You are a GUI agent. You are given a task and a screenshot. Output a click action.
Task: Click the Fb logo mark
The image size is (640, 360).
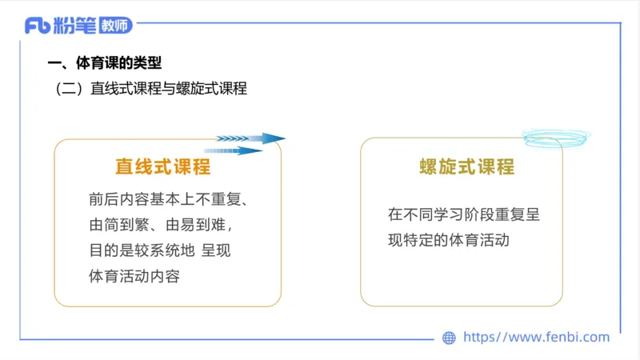(x=37, y=26)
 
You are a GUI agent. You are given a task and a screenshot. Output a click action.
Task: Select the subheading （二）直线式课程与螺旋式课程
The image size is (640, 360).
(x=151, y=89)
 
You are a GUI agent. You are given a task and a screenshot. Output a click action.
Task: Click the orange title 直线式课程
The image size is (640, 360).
(x=163, y=167)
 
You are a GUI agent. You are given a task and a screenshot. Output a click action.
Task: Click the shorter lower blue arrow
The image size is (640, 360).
(x=233, y=150)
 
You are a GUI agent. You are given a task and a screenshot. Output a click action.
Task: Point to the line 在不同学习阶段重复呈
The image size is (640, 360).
(x=465, y=215)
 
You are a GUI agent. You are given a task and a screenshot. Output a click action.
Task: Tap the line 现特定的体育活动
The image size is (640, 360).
(x=449, y=240)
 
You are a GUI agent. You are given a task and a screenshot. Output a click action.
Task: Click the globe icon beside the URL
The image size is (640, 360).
(x=449, y=338)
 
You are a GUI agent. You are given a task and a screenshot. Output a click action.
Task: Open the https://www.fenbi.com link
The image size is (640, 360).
(x=536, y=338)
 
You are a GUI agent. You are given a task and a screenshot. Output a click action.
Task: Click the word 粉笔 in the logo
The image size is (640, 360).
(x=76, y=26)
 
